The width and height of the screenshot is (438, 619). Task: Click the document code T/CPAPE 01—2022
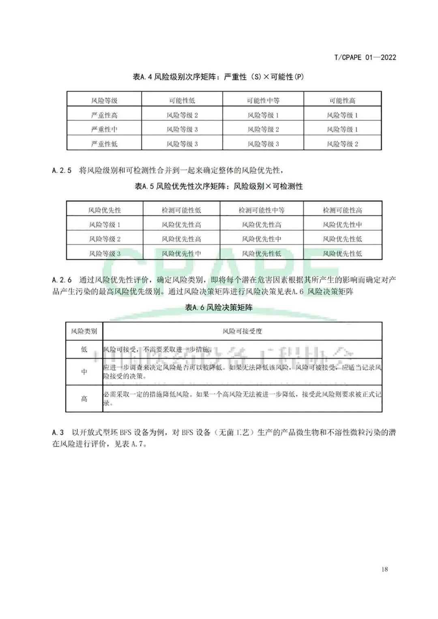pos(365,57)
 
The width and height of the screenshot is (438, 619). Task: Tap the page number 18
pos(384,569)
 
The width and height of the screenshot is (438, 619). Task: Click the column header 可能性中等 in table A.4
pos(263,101)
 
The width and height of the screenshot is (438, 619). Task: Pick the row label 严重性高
pos(104,115)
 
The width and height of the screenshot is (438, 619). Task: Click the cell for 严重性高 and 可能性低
pos(182,115)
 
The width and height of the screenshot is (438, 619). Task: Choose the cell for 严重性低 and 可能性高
pos(342,144)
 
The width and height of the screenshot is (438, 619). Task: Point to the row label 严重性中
pos(104,129)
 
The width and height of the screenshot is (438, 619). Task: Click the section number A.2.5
pos(62,170)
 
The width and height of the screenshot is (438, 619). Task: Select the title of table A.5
pos(219,187)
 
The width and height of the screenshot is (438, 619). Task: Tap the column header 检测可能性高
pos(342,210)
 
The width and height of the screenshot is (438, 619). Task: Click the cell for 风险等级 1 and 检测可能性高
pos(342,225)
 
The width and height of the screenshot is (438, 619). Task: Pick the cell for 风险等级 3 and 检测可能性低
pos(181,254)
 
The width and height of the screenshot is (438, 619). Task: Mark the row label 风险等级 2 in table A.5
pos(105,239)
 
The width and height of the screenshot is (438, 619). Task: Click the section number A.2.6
pos(62,280)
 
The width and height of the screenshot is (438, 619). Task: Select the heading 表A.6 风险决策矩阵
pos(219,308)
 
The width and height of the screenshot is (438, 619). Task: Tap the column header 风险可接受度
pos(242,331)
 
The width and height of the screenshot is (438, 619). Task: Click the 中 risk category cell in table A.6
pos(84,372)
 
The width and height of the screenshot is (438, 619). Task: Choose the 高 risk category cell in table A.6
pos(84,399)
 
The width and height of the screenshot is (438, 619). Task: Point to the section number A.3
pos(58,432)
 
